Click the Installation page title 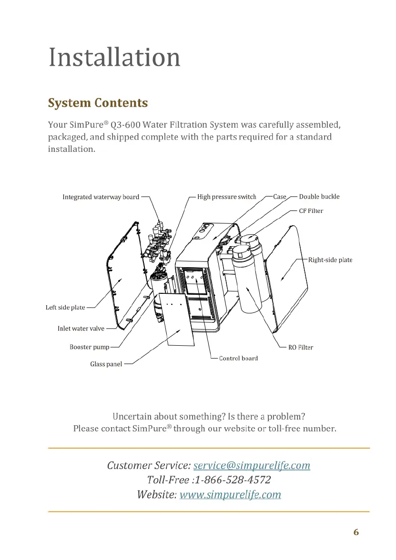click(114, 57)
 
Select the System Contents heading click(98, 103)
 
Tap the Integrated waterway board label click(101, 197)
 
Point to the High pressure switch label click(226, 197)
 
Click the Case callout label click(280, 197)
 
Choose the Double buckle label click(319, 197)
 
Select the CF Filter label click(311, 210)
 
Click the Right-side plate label click(330, 260)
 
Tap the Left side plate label click(65, 307)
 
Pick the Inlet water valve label click(81, 329)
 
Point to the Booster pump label click(89, 347)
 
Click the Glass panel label click(106, 364)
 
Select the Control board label click(238, 358)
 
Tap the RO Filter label click(301, 347)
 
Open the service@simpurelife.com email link click(252, 465)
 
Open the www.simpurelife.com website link click(230, 494)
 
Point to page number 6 click(356, 532)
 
